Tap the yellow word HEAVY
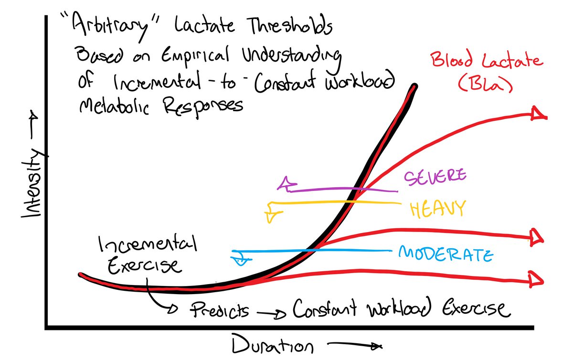(437, 209)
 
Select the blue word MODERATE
(445, 254)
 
